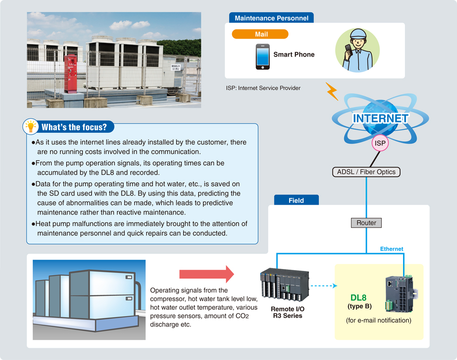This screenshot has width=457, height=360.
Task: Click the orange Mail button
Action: click(x=260, y=34)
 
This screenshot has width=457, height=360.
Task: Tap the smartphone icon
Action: click(x=262, y=57)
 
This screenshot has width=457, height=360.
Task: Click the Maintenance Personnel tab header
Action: click(x=271, y=18)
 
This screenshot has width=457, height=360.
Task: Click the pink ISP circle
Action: click(x=380, y=143)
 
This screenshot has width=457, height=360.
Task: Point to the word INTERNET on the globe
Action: click(x=380, y=118)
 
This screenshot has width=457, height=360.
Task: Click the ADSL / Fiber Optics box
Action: click(x=366, y=172)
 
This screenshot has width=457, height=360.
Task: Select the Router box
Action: click(x=366, y=223)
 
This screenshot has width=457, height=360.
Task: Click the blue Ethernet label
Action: click(x=392, y=249)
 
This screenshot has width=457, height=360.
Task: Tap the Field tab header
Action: click(x=296, y=200)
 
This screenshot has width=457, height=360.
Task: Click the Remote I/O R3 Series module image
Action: click(x=284, y=286)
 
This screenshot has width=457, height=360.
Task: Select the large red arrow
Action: click(x=206, y=274)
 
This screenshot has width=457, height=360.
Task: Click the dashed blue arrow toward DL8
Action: click(x=323, y=286)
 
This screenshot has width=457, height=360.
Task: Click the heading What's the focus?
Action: click(x=74, y=127)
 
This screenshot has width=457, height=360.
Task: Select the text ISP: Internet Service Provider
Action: click(x=263, y=88)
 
